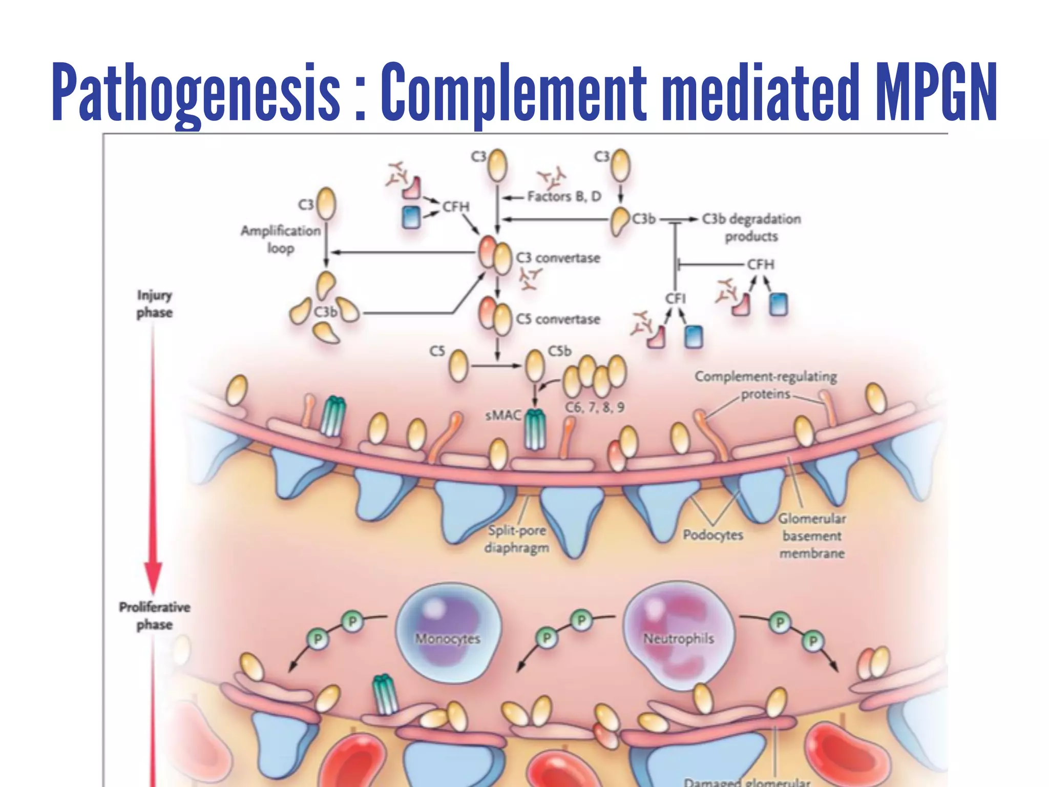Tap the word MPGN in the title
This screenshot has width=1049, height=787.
click(935, 92)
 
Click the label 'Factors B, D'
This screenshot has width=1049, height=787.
click(564, 196)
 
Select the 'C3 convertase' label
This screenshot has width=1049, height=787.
click(558, 258)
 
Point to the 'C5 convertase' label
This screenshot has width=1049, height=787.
click(558, 319)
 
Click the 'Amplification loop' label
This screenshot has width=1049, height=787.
click(281, 239)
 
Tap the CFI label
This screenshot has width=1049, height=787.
click(675, 298)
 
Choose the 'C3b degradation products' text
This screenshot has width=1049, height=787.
click(751, 227)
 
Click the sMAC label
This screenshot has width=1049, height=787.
click(503, 415)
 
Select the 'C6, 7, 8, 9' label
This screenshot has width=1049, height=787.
click(595, 407)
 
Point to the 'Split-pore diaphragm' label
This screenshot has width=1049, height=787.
click(516, 539)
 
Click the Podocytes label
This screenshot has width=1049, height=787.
click(713, 535)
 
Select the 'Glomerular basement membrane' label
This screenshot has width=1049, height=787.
click(812, 536)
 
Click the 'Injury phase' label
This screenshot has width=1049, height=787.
click(154, 304)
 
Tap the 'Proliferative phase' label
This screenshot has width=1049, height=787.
click(155, 616)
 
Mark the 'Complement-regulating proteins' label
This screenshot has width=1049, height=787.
click(766, 385)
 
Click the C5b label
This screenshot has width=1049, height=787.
click(559, 351)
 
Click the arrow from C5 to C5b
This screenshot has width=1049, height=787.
click(495, 366)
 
